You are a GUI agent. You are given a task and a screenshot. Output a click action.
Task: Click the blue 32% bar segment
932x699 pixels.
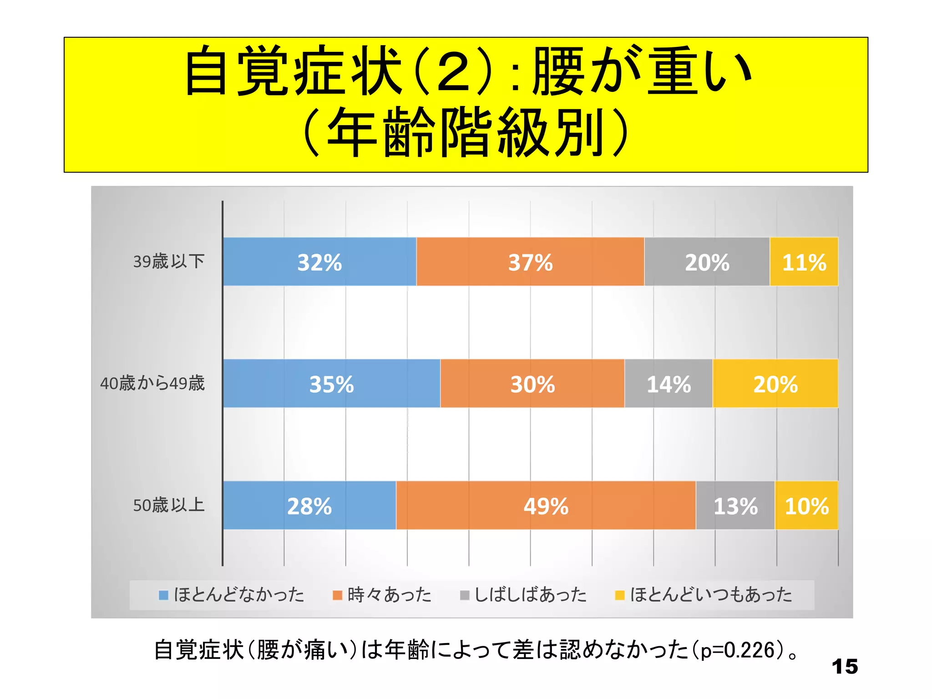tap(319, 262)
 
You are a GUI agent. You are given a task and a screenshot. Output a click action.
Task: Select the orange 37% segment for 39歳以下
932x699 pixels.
tap(530, 262)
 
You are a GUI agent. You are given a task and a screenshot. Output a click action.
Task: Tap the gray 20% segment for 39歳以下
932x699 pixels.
tap(707, 262)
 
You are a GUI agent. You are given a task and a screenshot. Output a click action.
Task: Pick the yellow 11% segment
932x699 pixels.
tap(804, 262)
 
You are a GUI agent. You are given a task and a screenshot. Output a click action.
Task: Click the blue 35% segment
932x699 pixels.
tap(331, 383)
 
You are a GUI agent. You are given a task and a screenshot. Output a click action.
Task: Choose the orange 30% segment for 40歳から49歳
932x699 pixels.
tap(532, 383)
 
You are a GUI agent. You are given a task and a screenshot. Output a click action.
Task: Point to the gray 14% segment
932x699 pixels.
tap(669, 383)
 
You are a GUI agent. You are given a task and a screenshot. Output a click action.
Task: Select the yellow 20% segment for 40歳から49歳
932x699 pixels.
tap(775, 383)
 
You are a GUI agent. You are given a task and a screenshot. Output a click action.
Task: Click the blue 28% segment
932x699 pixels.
tap(309, 505)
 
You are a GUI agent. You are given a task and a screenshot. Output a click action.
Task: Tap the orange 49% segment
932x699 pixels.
tap(546, 505)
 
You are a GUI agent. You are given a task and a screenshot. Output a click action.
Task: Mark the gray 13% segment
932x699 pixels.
tap(735, 505)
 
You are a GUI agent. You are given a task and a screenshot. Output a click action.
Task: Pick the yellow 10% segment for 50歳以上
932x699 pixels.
tap(806, 505)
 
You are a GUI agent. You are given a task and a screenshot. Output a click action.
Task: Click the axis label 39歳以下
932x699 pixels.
tap(169, 262)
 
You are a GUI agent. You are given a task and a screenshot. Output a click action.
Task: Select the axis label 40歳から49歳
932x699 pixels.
tap(152, 383)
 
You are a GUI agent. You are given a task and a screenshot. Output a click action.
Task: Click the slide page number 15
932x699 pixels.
tap(845, 667)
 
